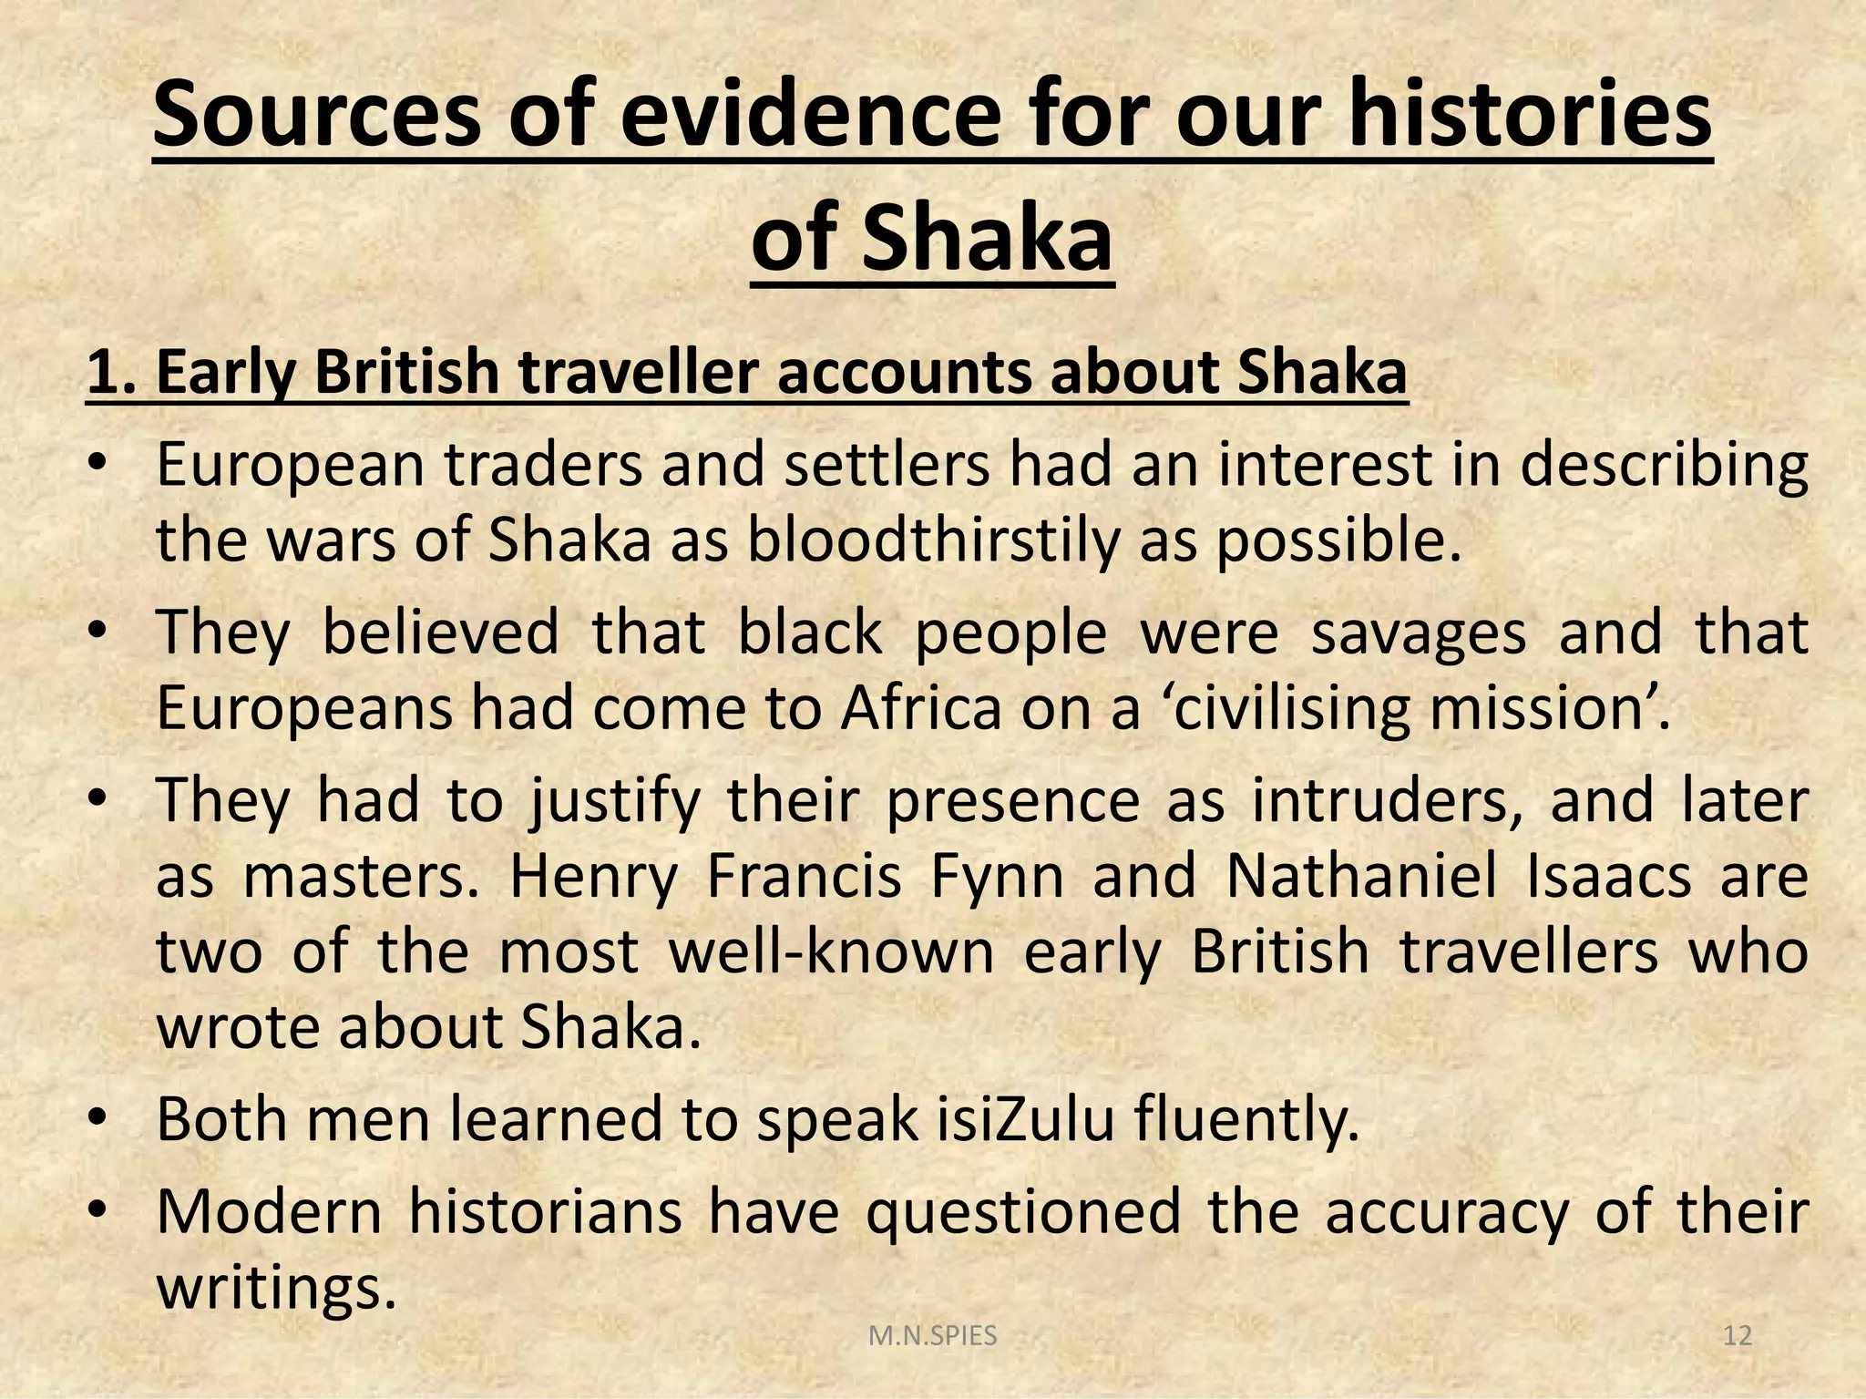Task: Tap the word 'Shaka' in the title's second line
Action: (987, 239)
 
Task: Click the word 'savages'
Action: (1418, 633)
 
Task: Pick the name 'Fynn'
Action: (997, 877)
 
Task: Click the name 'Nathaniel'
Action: (1361, 877)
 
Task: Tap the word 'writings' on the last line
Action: (277, 1287)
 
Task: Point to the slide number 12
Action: (1738, 1337)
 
